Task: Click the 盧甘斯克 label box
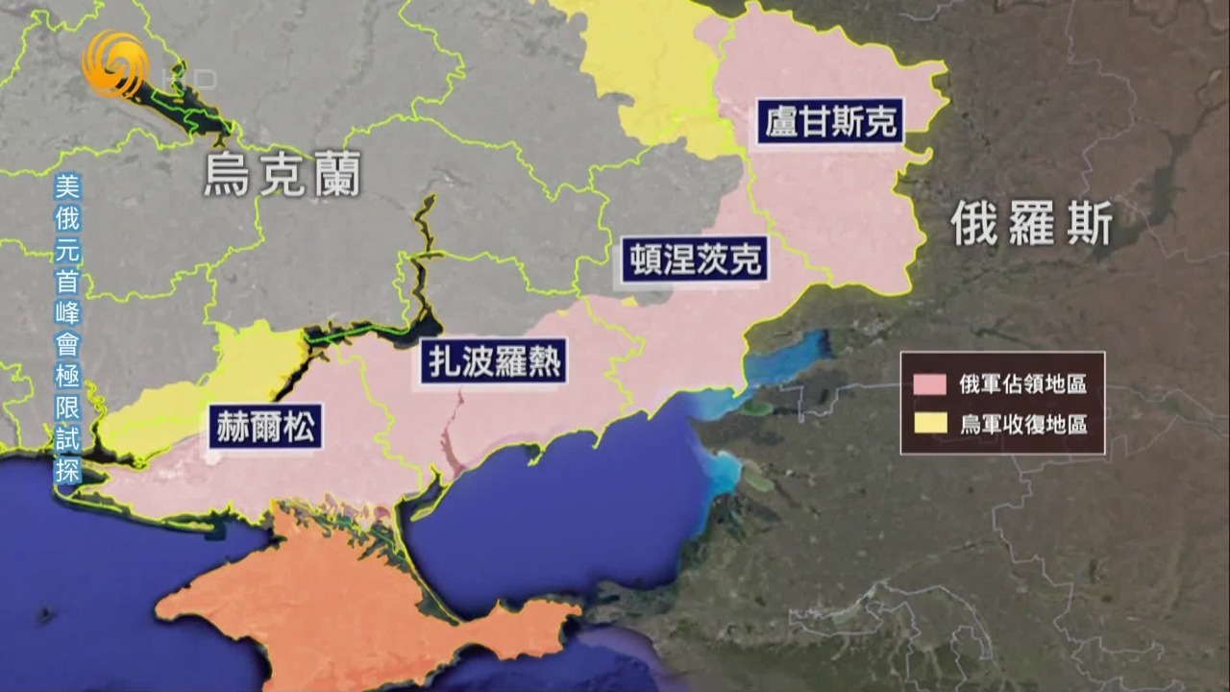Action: [831, 122]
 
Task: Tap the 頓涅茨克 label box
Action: [695, 259]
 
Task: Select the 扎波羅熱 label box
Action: [493, 362]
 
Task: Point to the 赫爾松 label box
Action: [265, 427]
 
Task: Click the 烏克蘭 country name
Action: [282, 176]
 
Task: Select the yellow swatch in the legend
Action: [930, 424]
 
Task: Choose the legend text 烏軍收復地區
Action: [1022, 424]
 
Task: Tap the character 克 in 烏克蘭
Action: [282, 176]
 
